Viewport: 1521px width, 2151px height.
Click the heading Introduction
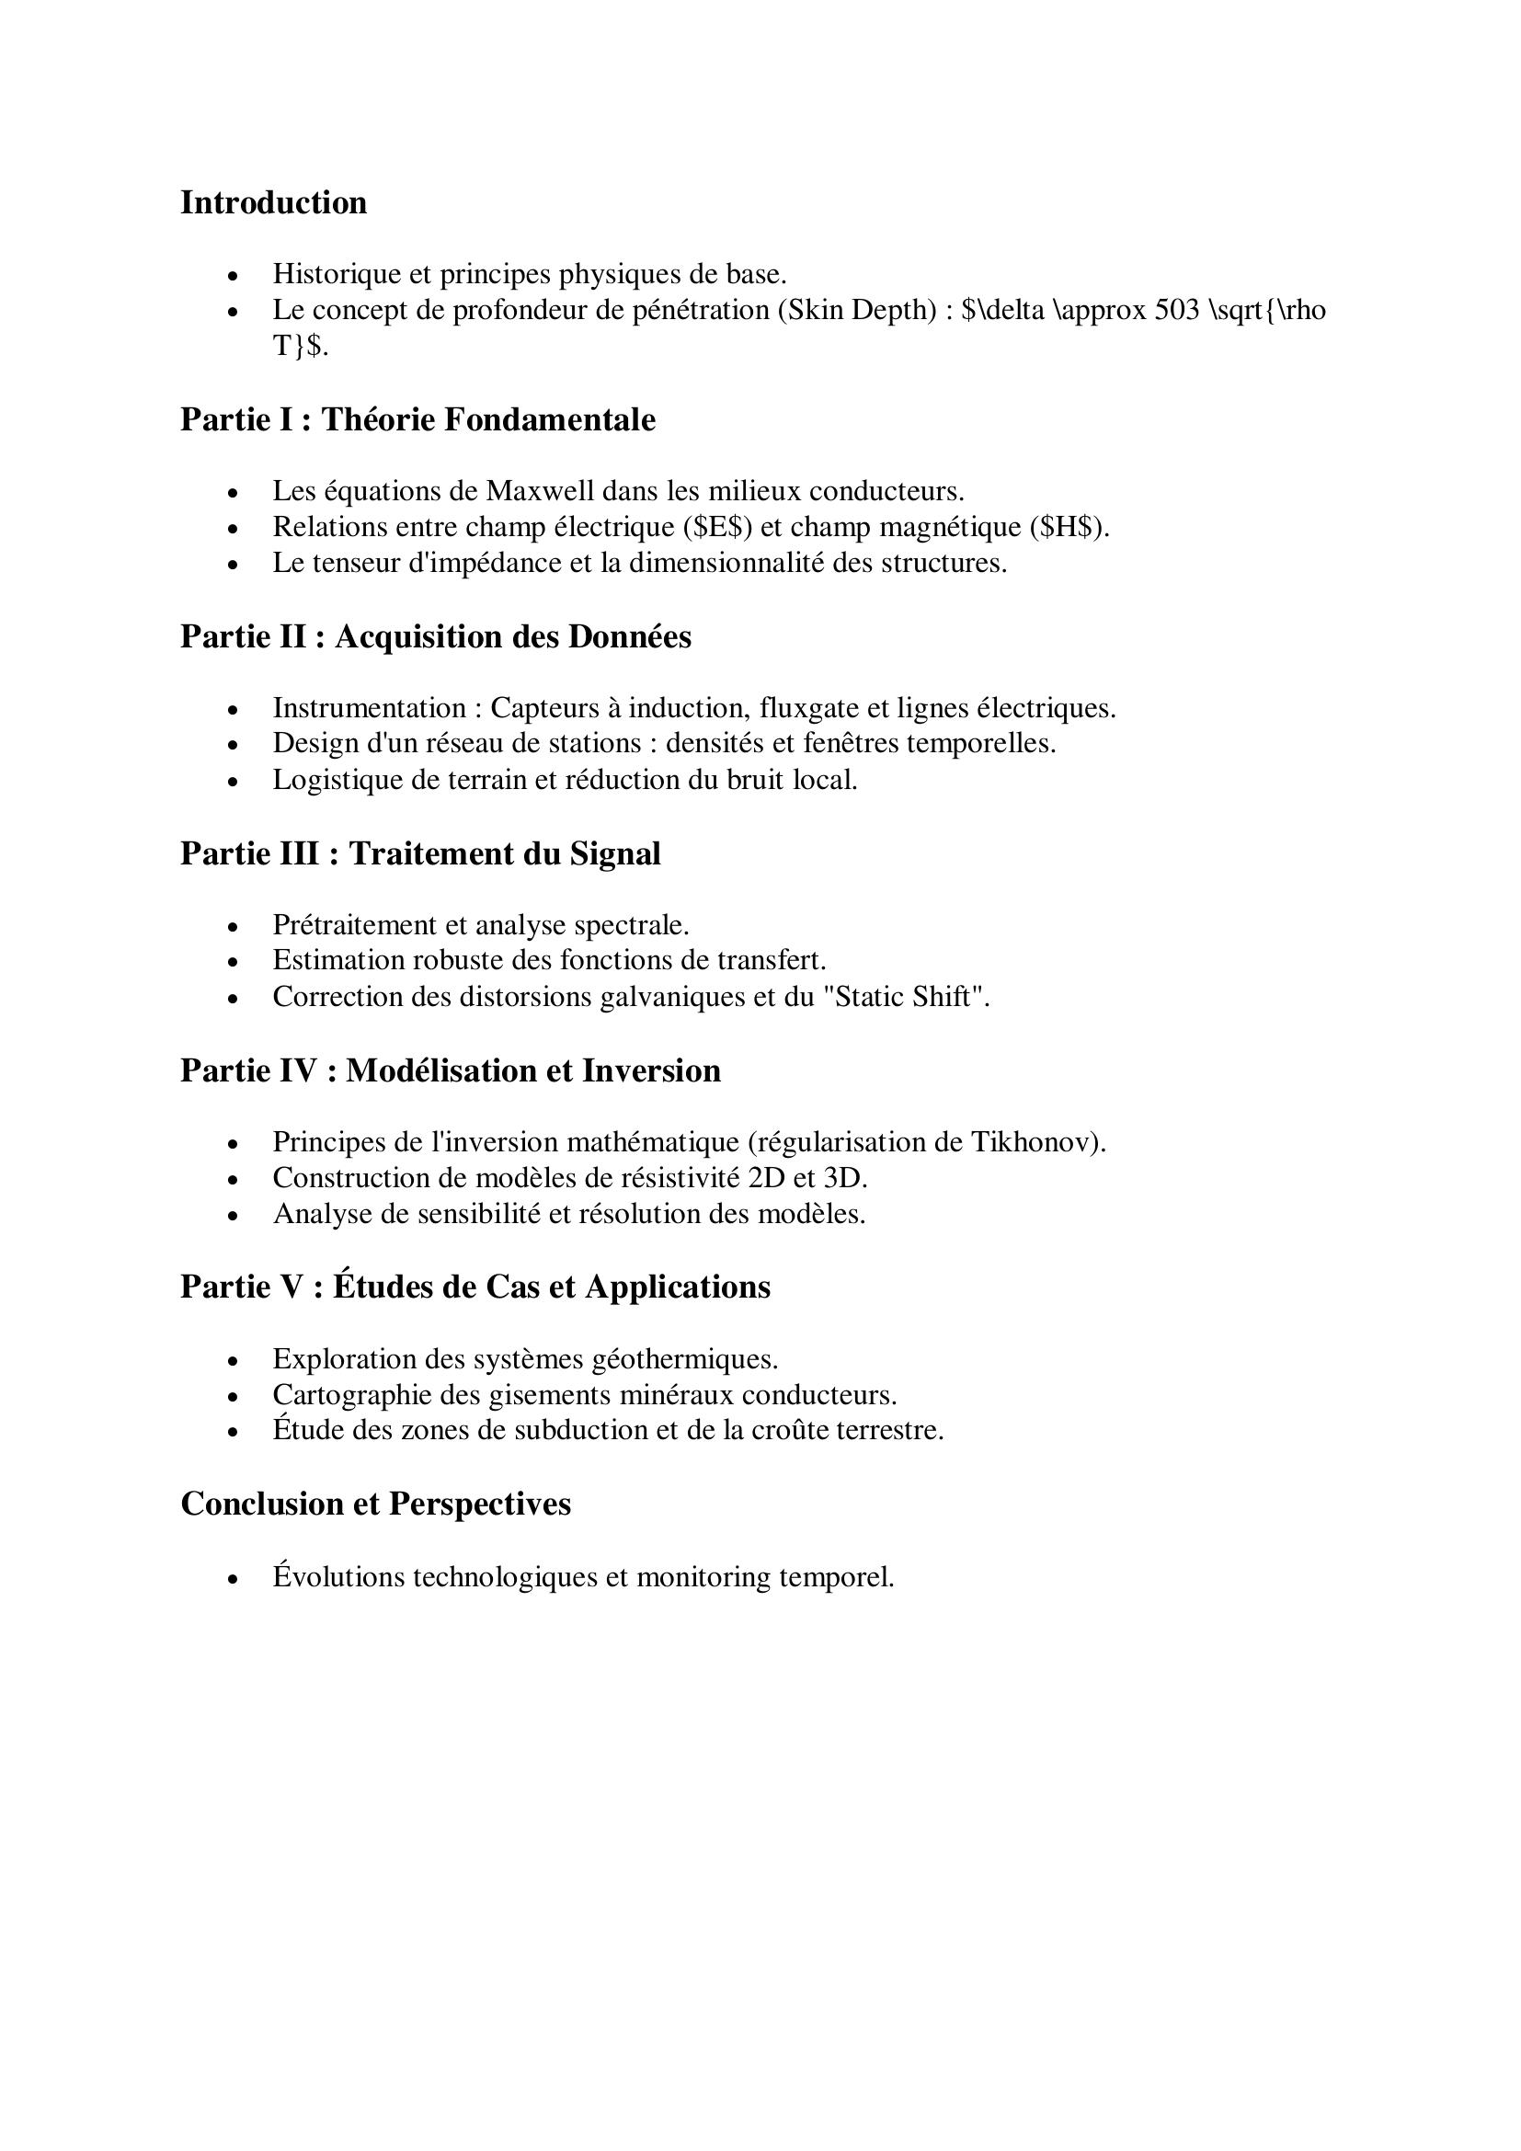tap(273, 203)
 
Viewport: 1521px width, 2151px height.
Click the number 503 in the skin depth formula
tap(1176, 310)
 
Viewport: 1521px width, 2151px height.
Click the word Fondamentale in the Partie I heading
tap(549, 419)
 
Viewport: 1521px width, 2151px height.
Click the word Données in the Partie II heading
tap(629, 637)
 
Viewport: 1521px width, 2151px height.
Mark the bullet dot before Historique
tap(234, 276)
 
